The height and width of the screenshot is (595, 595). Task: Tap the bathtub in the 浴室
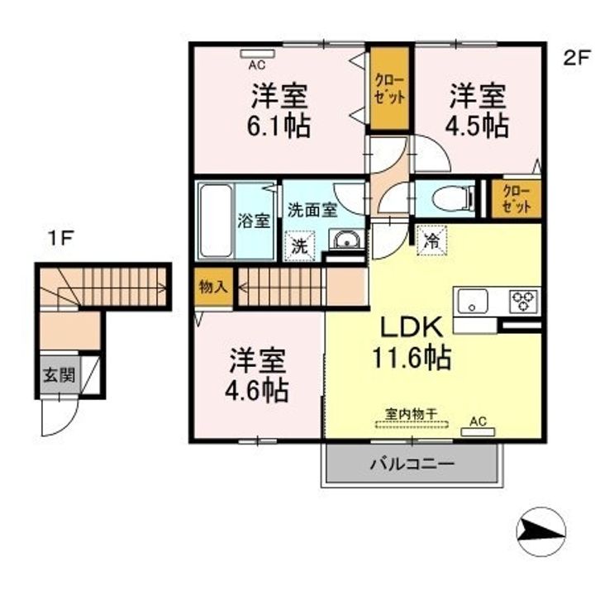[x=216, y=221]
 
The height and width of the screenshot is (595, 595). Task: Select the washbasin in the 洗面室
[x=345, y=240]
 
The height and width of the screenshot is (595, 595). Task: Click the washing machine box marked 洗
[x=300, y=246]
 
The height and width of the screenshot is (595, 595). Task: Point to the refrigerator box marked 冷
[x=431, y=240]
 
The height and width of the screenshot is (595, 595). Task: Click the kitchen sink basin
[x=473, y=301]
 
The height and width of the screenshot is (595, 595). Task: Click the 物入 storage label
[x=213, y=287]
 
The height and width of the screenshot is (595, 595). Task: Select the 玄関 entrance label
[x=59, y=375]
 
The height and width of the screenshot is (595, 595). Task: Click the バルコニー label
[x=412, y=464]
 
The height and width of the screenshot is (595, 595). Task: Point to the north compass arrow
[x=541, y=531]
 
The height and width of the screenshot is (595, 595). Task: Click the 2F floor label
[x=577, y=59]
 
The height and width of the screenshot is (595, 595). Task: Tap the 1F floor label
[x=60, y=239]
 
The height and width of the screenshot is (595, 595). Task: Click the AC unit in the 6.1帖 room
[x=257, y=54]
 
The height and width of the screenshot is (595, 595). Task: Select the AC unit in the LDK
[x=478, y=432]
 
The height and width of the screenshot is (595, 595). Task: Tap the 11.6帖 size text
[x=412, y=357]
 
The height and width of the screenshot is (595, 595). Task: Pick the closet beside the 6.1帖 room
[x=390, y=88]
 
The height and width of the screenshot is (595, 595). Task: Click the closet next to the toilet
[x=516, y=199]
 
